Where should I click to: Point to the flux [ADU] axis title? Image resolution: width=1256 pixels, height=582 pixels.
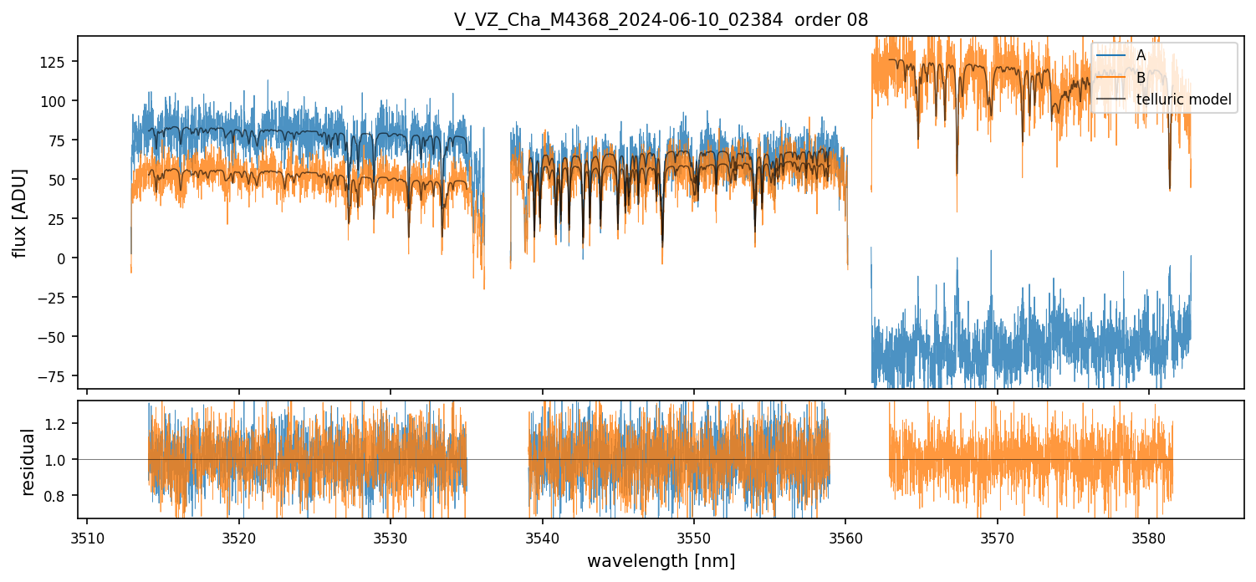coord(19,212)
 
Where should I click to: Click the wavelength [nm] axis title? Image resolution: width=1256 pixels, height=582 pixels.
coord(661,561)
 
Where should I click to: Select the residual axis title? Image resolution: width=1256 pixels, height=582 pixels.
coord(28,462)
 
